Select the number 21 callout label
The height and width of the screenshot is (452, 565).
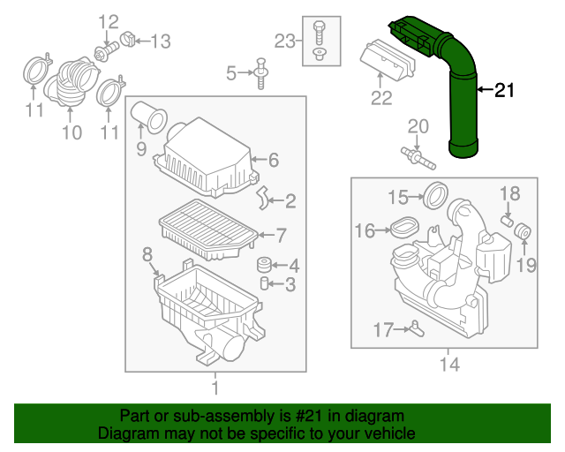tap(502, 89)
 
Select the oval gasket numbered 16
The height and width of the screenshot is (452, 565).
tap(402, 230)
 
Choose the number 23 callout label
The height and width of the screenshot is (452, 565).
tap(282, 40)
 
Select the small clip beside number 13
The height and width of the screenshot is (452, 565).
tap(129, 40)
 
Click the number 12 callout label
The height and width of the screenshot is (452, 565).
tap(108, 21)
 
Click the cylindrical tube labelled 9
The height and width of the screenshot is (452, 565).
tap(150, 117)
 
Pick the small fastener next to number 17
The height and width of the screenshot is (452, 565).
tap(415, 330)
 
